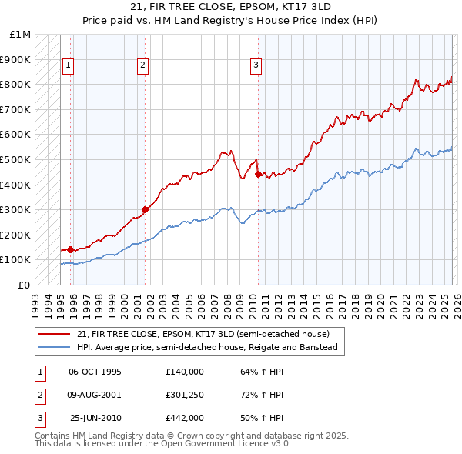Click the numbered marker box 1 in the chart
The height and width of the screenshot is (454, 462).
click(69, 66)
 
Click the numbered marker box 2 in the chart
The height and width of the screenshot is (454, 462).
click(143, 66)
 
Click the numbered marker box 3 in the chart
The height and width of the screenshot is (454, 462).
click(255, 66)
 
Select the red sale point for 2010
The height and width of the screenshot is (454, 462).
click(257, 174)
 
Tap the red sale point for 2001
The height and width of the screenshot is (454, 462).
click(145, 209)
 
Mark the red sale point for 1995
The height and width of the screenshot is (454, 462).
click(70, 249)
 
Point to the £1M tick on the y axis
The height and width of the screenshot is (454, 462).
click(21, 35)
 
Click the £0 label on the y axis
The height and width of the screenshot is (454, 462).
click(24, 285)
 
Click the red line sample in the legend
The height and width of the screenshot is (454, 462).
click(55, 334)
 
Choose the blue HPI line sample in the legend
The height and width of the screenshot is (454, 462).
click(55, 347)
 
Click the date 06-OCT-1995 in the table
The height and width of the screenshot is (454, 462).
click(95, 372)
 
